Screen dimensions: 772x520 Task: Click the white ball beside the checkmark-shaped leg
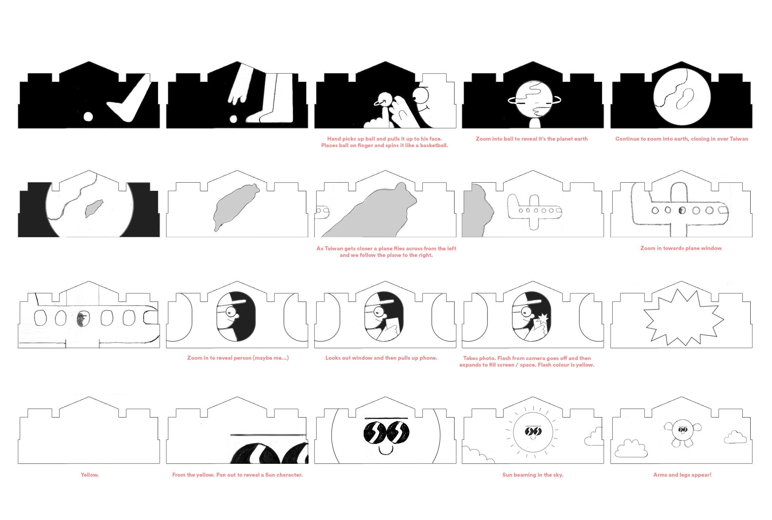coord(88,117)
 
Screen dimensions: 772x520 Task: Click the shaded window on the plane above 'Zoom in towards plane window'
coord(682,210)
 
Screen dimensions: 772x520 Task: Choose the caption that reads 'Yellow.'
coord(90,475)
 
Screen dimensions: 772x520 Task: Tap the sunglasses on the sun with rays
coord(533,431)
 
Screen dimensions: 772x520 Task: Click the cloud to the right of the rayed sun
coord(594,437)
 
